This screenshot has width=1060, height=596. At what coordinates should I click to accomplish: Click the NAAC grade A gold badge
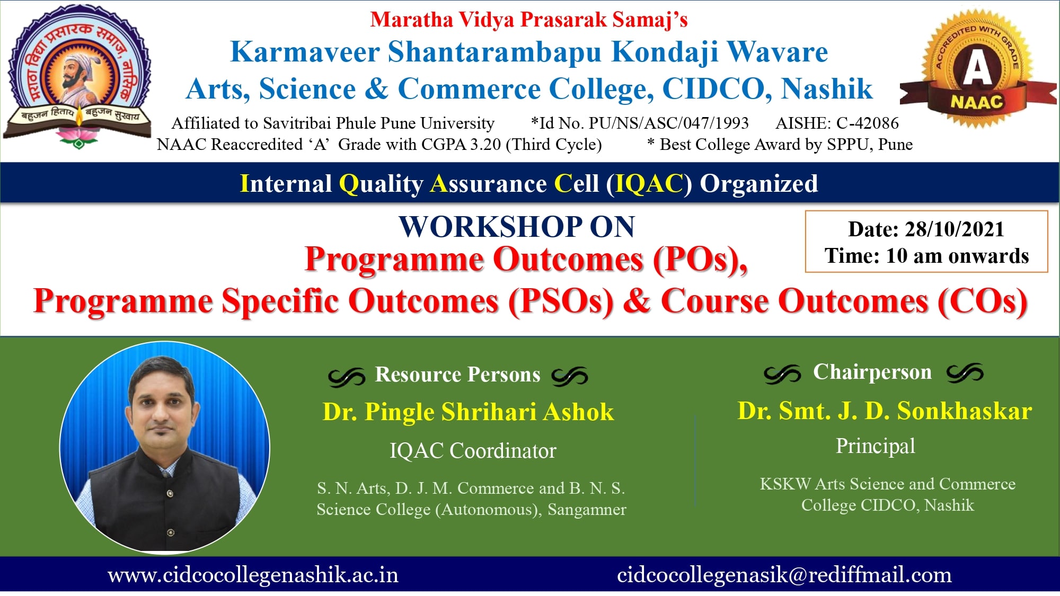point(978,69)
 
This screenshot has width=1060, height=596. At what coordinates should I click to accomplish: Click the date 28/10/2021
point(954,229)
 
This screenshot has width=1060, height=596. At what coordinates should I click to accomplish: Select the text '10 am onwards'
point(957,256)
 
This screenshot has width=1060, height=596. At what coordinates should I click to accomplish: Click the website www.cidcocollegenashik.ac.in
point(253,575)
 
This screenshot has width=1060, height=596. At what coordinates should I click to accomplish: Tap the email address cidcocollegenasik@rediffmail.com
point(784,575)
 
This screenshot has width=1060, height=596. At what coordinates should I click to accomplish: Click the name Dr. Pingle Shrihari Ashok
point(469,412)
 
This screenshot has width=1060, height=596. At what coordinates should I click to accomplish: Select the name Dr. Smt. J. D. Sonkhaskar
point(885,411)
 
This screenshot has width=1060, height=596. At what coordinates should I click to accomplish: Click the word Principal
point(876,446)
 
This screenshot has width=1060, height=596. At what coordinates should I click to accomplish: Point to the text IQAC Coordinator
point(473,451)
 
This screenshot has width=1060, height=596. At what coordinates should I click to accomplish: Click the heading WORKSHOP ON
point(517,227)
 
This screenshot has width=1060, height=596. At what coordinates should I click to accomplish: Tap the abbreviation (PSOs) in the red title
point(561,301)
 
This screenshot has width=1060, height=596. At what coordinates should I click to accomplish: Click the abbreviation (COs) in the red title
point(983,301)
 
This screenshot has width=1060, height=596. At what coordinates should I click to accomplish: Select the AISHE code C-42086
point(868,123)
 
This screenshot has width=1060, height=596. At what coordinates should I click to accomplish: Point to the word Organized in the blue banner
point(759,184)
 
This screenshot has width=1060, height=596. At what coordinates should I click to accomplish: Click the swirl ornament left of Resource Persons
point(347,376)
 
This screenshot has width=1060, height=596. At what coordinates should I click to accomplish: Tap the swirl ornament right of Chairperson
point(965,373)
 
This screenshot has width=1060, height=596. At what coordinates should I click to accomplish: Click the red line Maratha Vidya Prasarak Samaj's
point(529,20)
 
